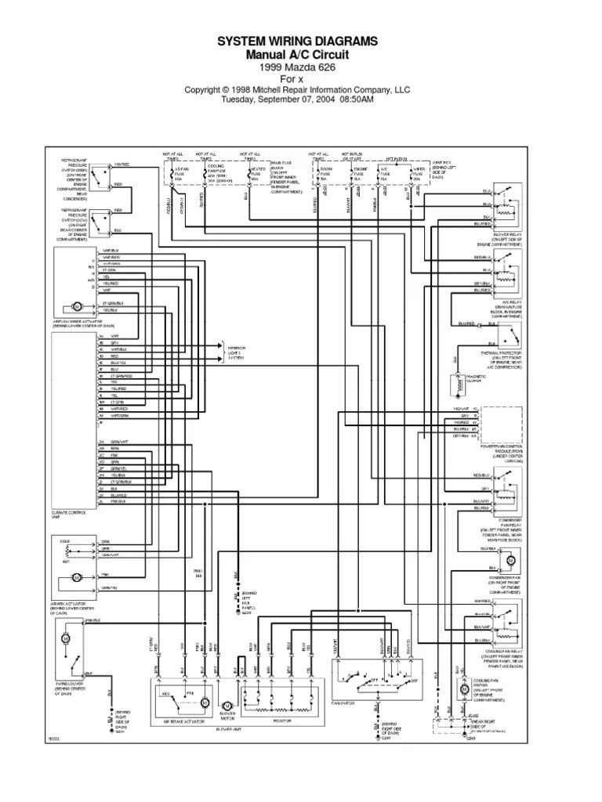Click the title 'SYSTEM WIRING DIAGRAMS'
pos(301,41)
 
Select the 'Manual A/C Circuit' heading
pos(301,55)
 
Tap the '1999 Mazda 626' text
pos(301,67)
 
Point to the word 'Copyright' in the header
pos(203,89)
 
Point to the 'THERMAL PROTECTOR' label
pos(506,352)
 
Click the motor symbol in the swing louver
pos(66,638)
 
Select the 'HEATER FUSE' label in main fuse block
pos(255,170)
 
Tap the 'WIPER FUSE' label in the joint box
pos(419,171)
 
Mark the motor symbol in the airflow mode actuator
pos(78,304)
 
